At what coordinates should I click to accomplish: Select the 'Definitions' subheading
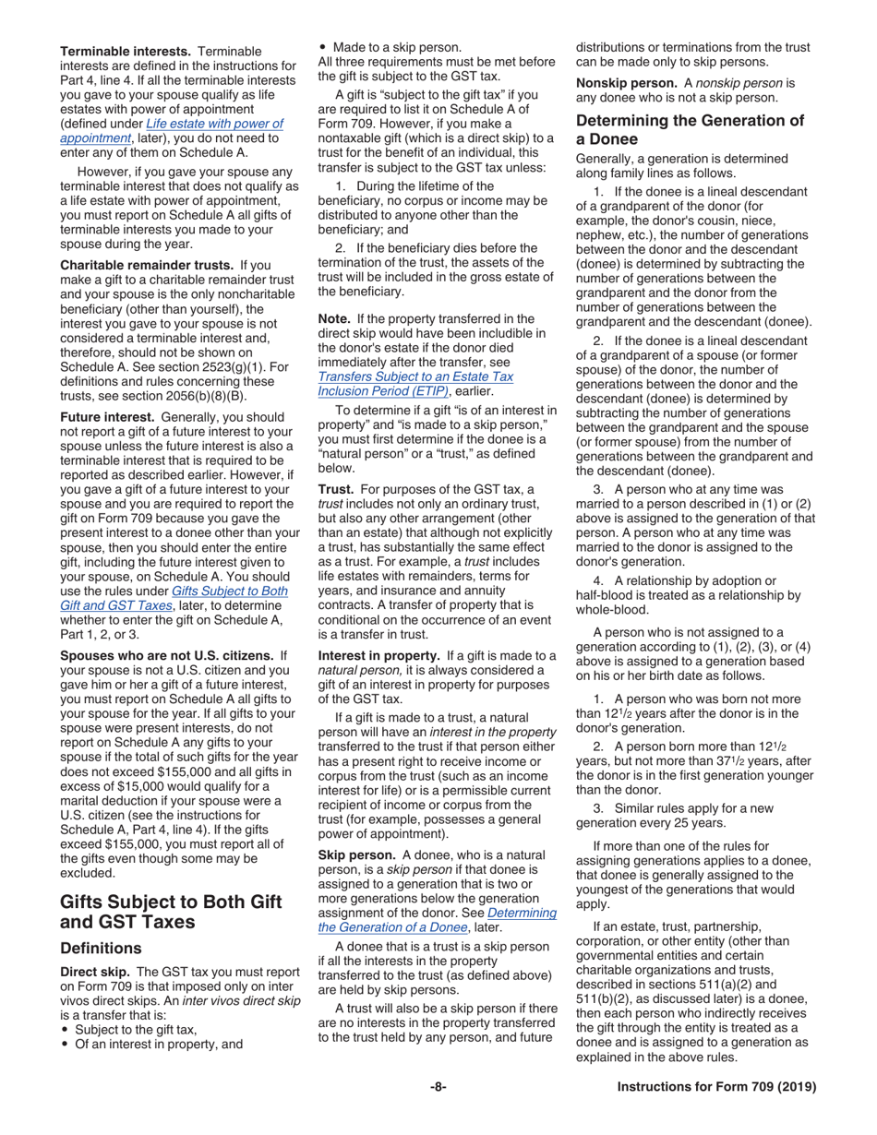click(101, 948)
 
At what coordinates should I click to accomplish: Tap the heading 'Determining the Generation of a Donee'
click(690, 129)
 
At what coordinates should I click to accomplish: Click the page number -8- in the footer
click(438, 1087)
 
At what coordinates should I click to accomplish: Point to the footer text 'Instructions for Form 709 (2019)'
click(716, 1087)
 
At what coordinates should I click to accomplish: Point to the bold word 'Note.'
click(334, 318)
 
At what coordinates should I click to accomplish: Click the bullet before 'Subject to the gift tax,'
click(65, 1030)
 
